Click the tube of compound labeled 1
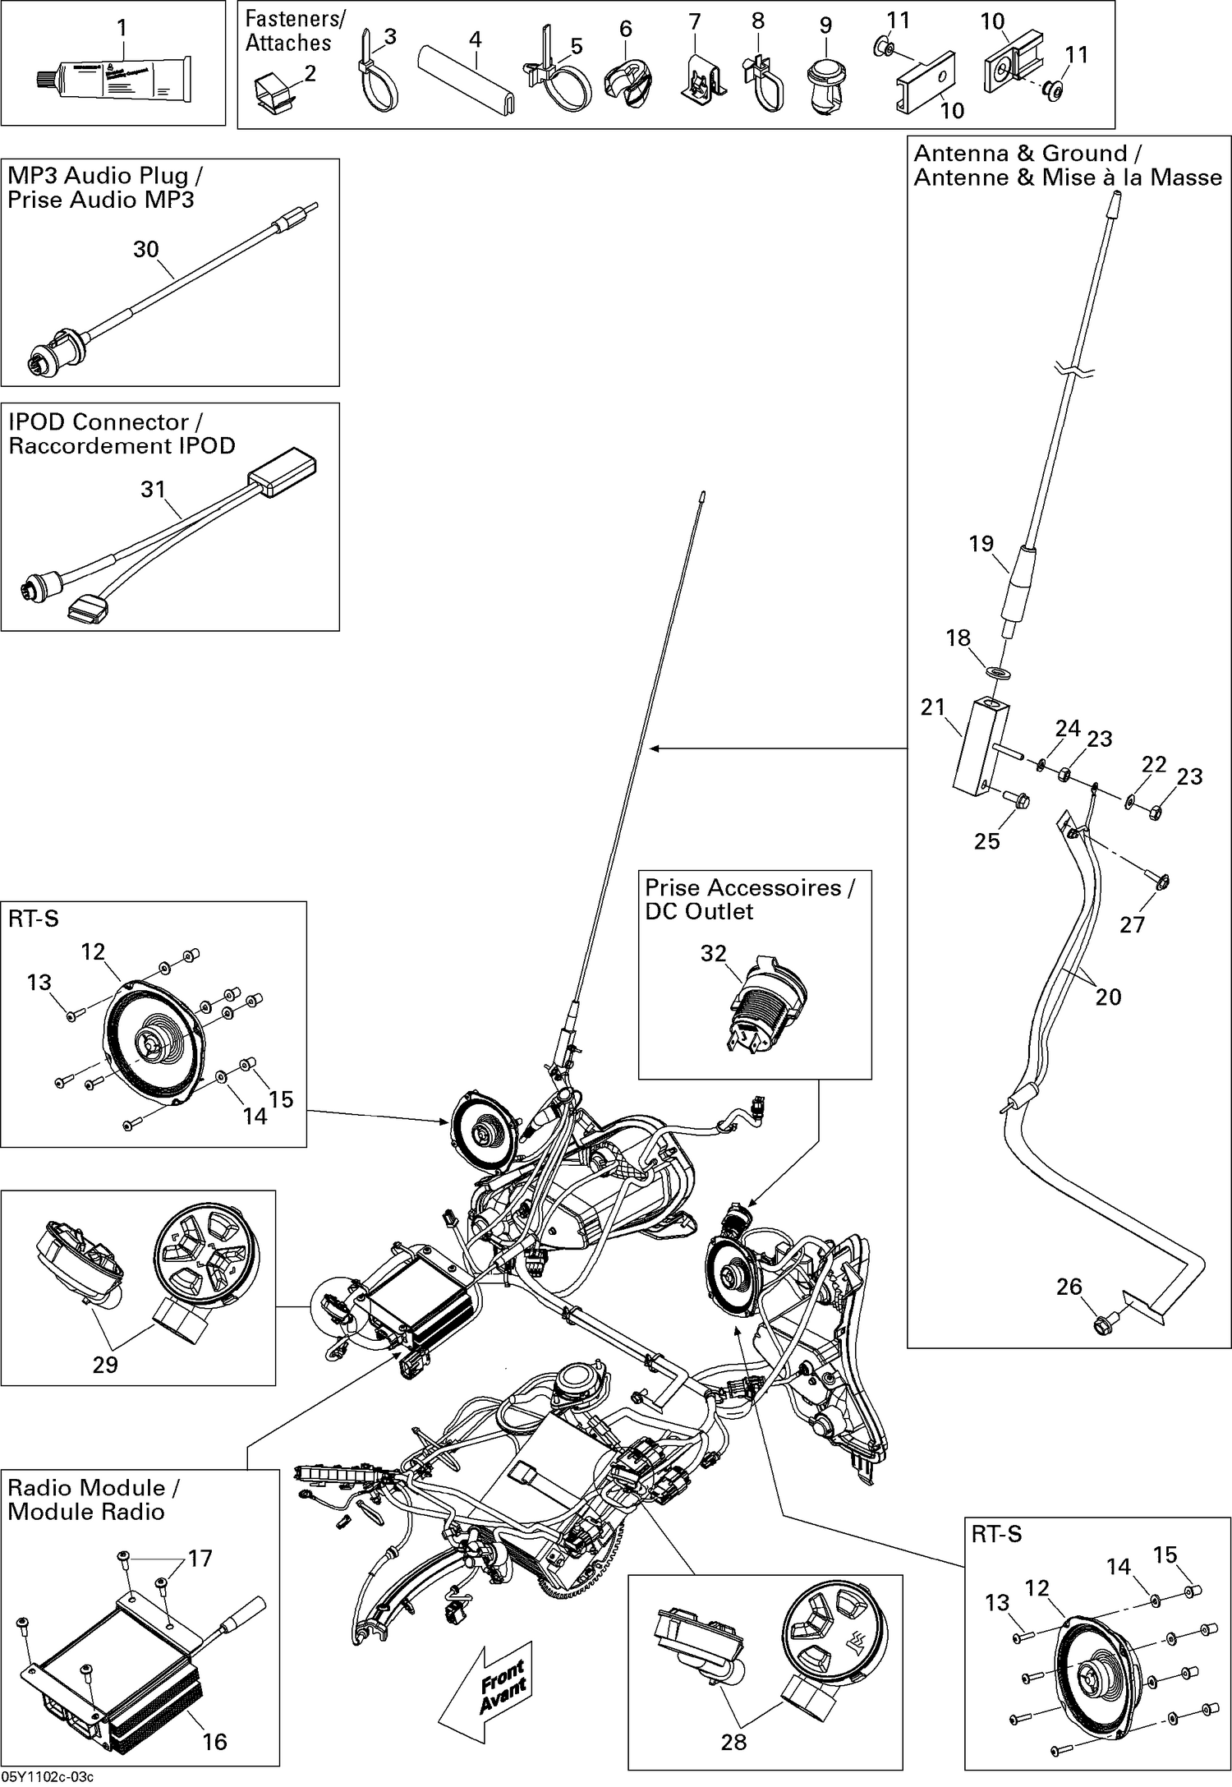click(x=115, y=81)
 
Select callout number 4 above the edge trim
click(x=475, y=39)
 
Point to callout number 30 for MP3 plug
click(x=145, y=249)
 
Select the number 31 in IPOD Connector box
click(x=153, y=489)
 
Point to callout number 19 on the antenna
click(x=981, y=543)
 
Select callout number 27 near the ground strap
click(x=1132, y=924)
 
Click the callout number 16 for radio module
click(x=214, y=1741)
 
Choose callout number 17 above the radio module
click(x=200, y=1559)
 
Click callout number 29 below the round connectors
click(x=105, y=1365)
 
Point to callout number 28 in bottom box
click(x=733, y=1742)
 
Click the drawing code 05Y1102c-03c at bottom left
click(x=48, y=1778)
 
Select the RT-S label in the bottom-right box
click(x=996, y=1534)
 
